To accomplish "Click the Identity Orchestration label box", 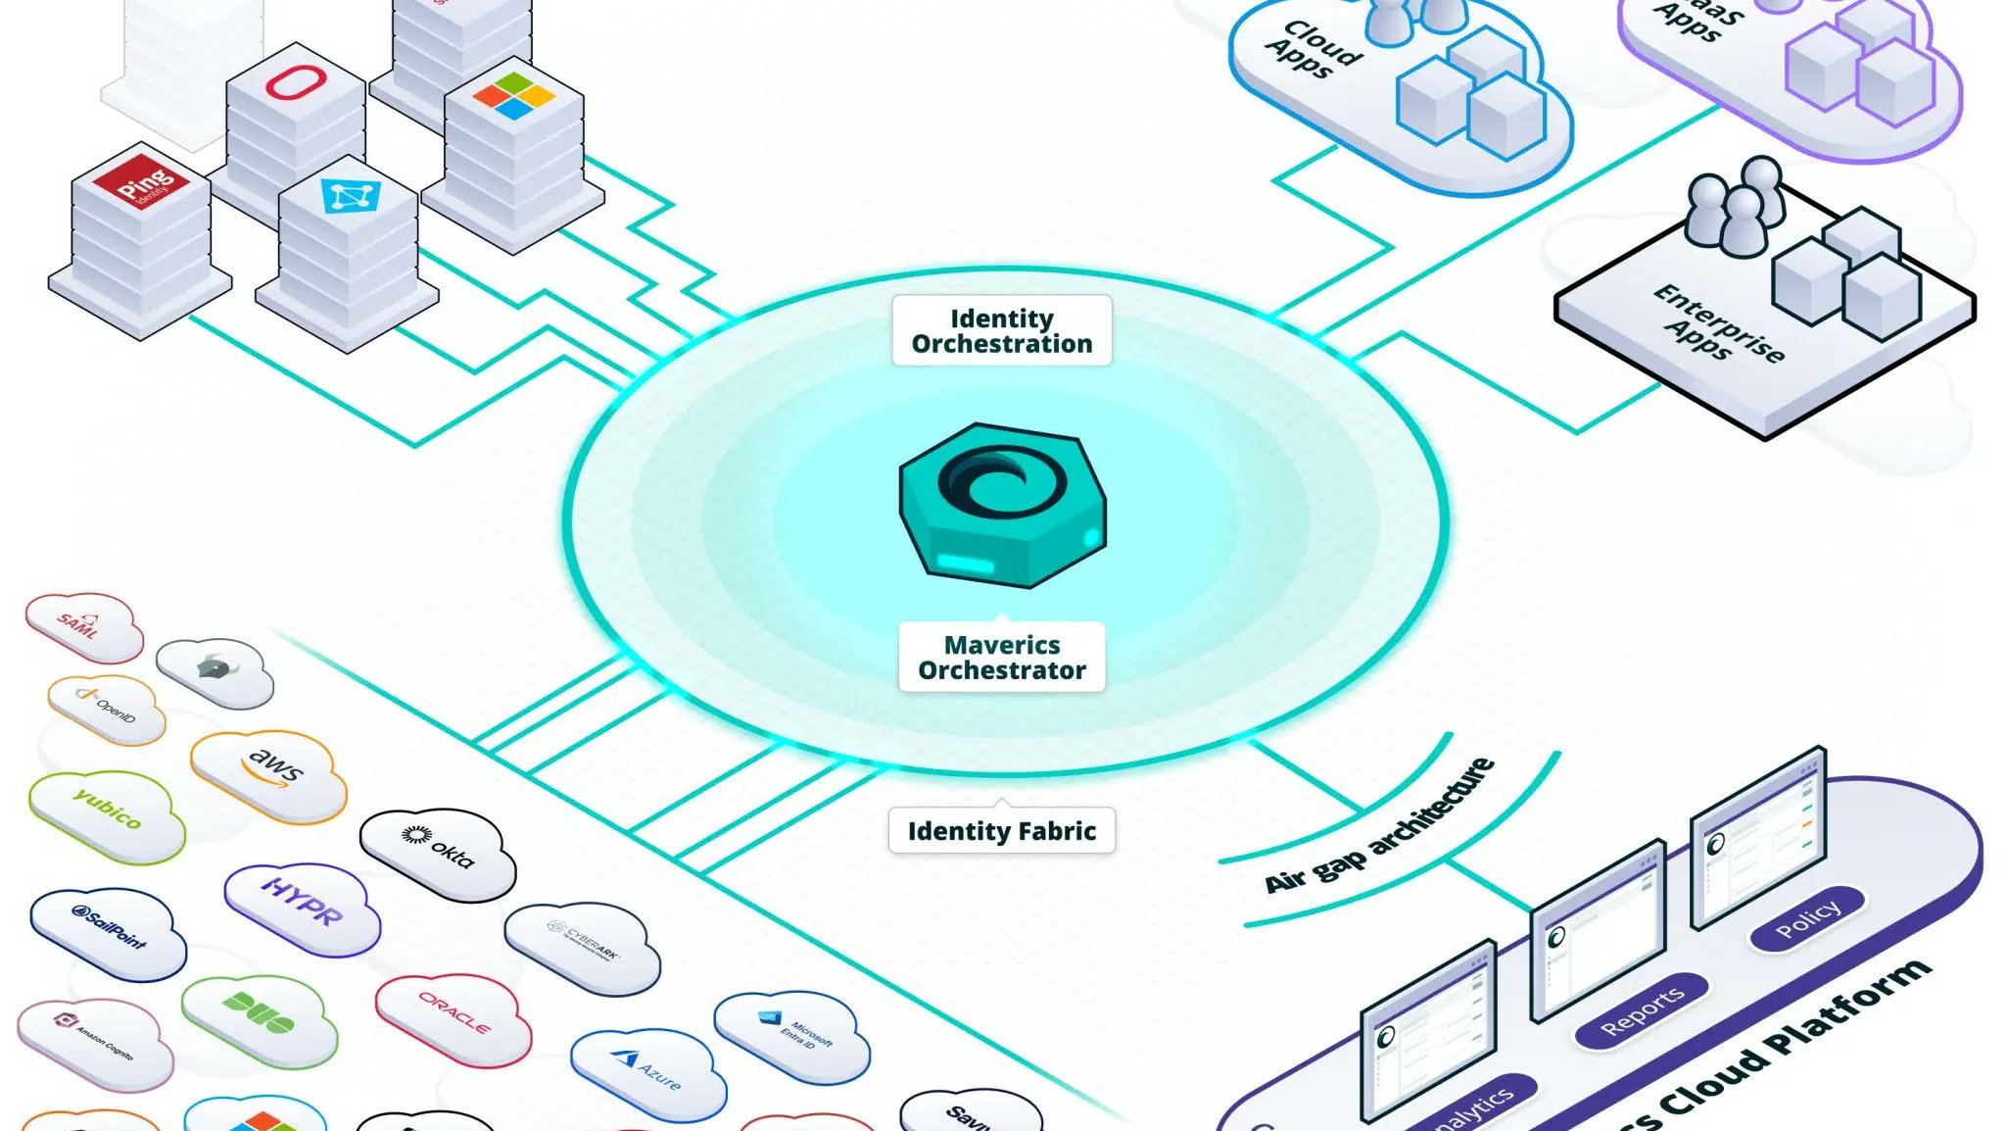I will pos(1001,331).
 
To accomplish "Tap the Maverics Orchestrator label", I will pos(1001,658).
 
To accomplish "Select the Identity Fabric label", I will pos(1001,831).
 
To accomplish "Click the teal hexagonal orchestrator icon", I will pos(1002,506).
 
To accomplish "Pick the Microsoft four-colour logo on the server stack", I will pos(513,96).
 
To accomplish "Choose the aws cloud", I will pos(268,774).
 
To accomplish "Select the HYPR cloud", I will pos(302,907).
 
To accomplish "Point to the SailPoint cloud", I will pos(109,932).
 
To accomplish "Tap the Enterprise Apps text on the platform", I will pos(1718,323).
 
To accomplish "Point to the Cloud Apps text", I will pos(1313,49).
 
